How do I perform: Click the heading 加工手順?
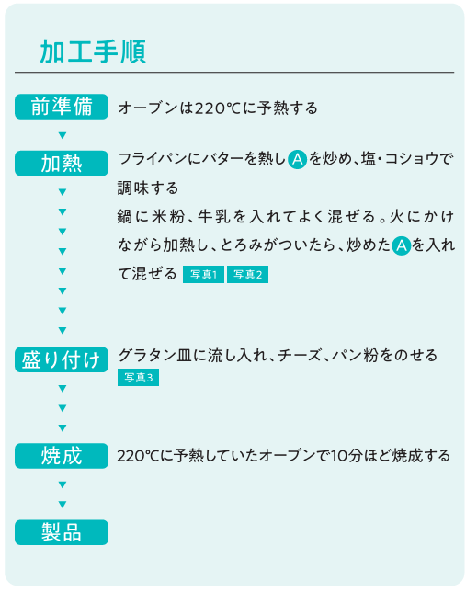pyautogui.click(x=93, y=51)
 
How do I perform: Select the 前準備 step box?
pyautogui.click(x=62, y=107)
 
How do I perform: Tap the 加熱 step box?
pyautogui.click(x=62, y=163)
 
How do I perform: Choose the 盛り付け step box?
pyautogui.click(x=62, y=359)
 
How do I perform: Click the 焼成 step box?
pyautogui.click(x=62, y=456)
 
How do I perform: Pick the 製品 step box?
pyautogui.click(x=62, y=532)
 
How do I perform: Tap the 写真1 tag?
pyautogui.click(x=203, y=275)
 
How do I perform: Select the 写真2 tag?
pyautogui.click(x=248, y=275)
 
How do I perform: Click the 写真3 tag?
pyautogui.click(x=138, y=377)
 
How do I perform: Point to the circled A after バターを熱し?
pyautogui.click(x=297, y=159)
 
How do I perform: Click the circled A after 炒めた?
pyautogui.click(x=401, y=245)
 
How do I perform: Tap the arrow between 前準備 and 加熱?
pyautogui.click(x=63, y=135)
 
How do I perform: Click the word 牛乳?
pyautogui.click(x=214, y=217)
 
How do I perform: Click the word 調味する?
pyautogui.click(x=148, y=188)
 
